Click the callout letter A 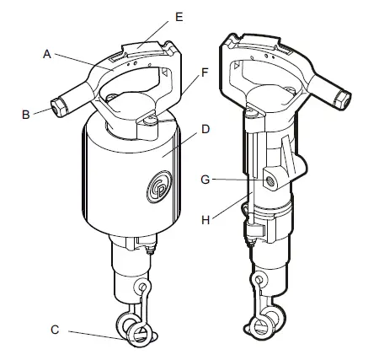(x=48, y=52)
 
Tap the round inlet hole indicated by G (x=272, y=179)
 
